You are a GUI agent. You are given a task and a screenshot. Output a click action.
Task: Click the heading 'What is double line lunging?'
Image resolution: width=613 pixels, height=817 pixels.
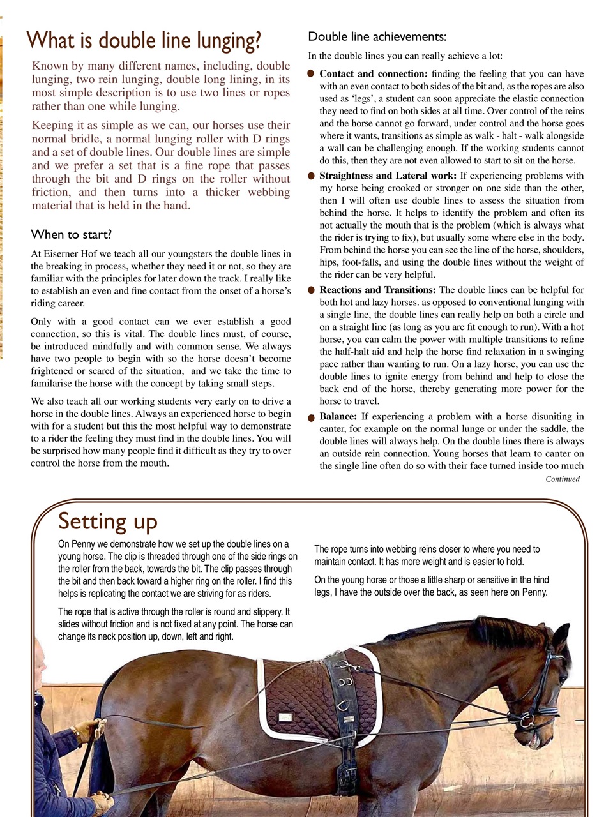click(x=144, y=41)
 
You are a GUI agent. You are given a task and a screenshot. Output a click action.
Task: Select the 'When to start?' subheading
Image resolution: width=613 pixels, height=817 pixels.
click(x=71, y=234)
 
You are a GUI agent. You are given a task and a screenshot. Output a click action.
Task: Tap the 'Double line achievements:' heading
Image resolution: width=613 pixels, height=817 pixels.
click(x=377, y=36)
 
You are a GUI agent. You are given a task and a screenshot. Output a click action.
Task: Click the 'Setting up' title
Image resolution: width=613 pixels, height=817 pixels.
click(x=107, y=521)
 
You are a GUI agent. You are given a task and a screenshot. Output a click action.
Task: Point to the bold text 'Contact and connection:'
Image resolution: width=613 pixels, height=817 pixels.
click(x=374, y=74)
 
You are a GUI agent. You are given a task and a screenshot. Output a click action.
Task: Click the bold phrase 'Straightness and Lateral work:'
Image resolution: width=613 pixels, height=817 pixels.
click(x=388, y=176)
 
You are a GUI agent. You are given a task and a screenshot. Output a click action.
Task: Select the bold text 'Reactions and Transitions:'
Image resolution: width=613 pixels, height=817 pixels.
click(x=378, y=290)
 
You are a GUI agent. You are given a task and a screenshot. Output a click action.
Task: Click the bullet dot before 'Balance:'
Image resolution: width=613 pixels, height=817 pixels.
click(x=311, y=418)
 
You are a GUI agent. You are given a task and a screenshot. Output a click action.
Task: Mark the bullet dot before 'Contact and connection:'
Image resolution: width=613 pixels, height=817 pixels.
click(x=311, y=75)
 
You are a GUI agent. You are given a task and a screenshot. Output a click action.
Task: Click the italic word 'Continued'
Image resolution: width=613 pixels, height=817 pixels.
click(x=562, y=479)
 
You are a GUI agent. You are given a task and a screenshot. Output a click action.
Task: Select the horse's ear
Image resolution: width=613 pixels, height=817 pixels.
click(x=561, y=635)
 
